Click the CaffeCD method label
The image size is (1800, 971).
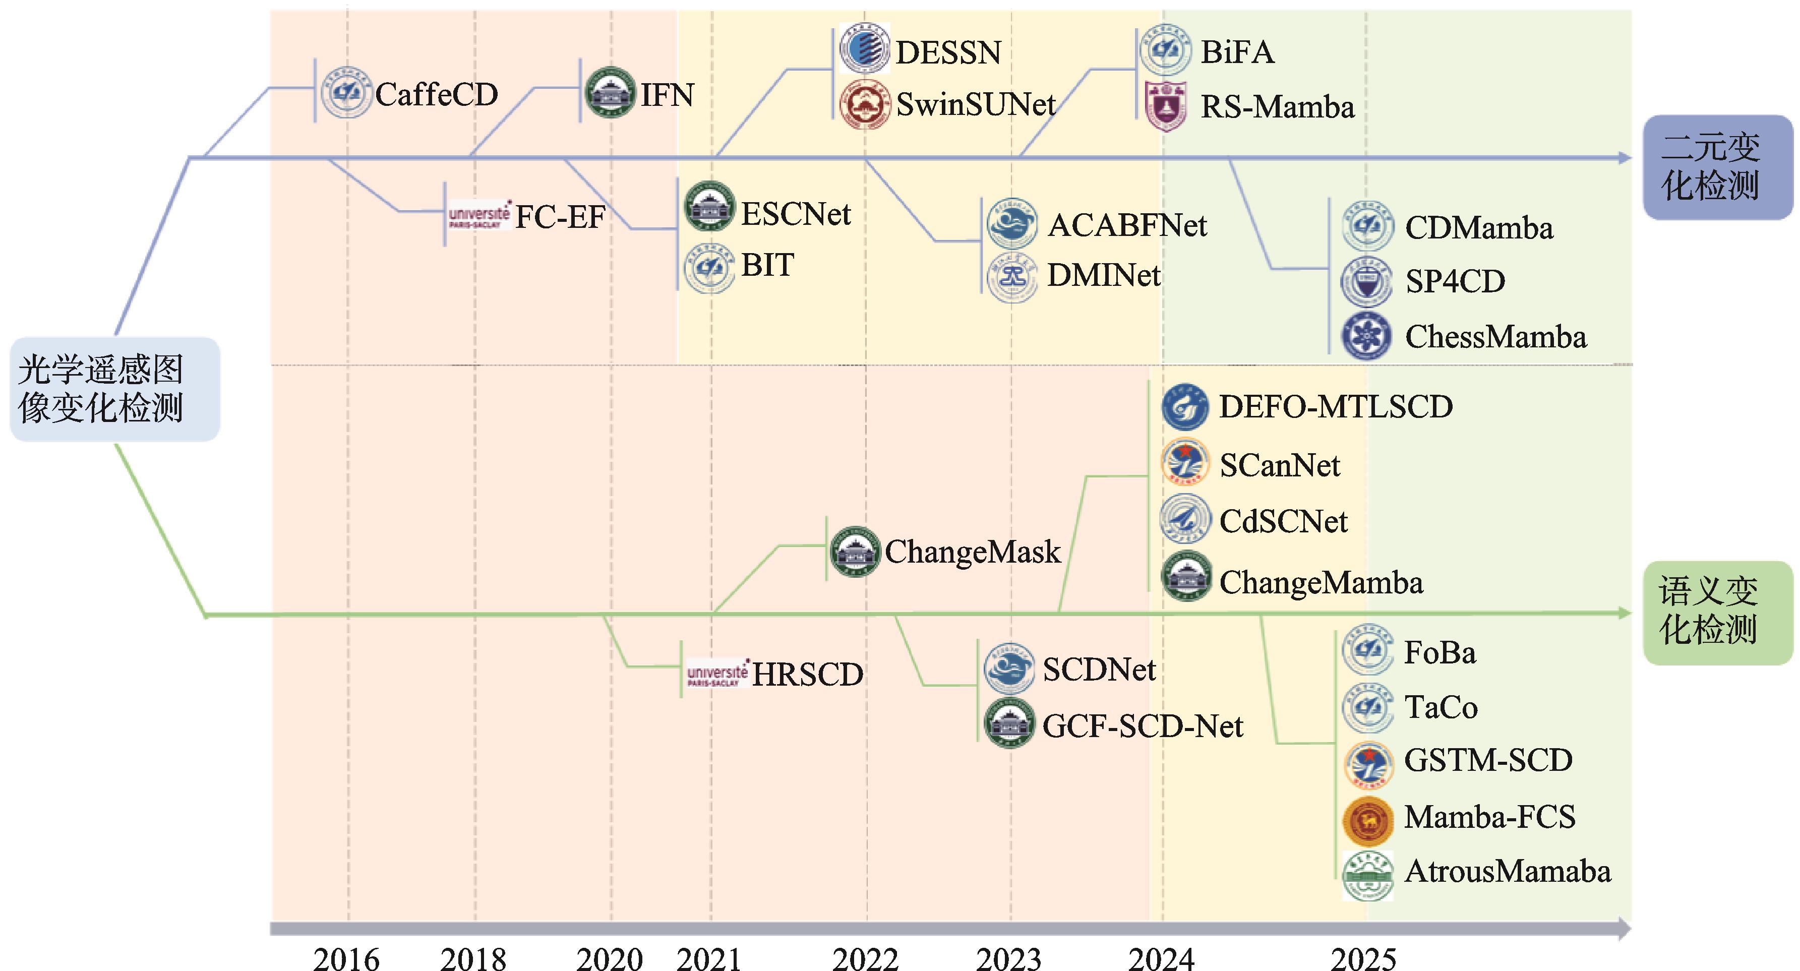[436, 94]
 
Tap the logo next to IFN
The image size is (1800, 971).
[610, 92]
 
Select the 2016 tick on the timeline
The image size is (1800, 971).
[346, 957]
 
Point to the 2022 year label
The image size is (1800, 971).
[865, 957]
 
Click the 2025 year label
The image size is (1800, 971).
[1363, 957]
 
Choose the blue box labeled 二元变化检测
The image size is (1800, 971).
[1717, 168]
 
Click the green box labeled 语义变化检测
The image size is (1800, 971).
[1717, 612]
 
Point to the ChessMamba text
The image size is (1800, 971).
[1495, 337]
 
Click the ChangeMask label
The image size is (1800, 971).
[973, 552]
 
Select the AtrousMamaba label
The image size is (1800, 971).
[1507, 872]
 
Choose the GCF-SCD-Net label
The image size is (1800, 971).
[1143, 726]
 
